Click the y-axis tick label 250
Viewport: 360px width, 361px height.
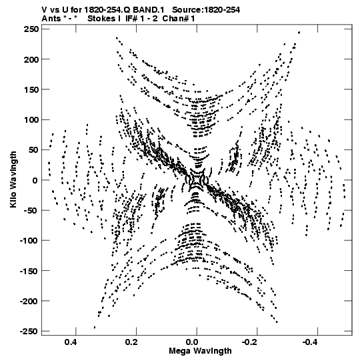tap(31, 29)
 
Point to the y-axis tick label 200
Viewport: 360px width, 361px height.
tap(31, 59)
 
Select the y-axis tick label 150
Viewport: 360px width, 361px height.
tap(31, 89)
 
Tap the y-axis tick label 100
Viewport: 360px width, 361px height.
tap(31, 120)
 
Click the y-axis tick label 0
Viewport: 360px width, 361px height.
tap(35, 180)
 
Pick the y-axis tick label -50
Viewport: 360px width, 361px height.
tap(31, 210)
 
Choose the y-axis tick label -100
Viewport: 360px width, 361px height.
tap(29, 241)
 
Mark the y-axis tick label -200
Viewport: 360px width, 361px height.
tap(29, 301)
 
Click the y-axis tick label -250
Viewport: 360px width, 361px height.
tap(29, 332)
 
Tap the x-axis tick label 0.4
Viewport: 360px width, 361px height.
tap(71, 342)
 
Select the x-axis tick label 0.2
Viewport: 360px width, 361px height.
tap(131, 342)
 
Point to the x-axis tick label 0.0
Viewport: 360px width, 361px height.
tap(191, 342)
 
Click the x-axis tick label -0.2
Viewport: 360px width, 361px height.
tap(250, 342)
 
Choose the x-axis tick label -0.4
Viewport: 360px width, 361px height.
tap(311, 342)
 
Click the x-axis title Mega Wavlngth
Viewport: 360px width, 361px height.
tap(200, 351)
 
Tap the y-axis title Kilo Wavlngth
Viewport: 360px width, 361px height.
tap(13, 179)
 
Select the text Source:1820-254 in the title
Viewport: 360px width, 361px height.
tap(206, 10)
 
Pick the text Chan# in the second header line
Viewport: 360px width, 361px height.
tap(175, 19)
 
